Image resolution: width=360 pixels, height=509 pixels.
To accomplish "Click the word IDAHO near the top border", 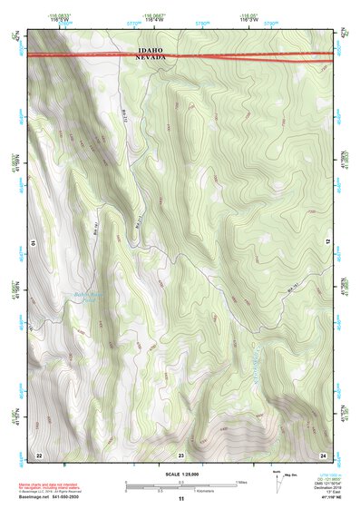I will (x=151, y=51).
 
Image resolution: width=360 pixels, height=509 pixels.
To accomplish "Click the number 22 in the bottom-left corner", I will (x=38, y=454).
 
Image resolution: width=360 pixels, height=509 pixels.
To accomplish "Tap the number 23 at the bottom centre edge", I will (x=180, y=454).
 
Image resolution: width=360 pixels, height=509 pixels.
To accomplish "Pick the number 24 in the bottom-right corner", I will (x=322, y=454).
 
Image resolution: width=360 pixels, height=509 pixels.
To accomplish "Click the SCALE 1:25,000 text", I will (x=180, y=474).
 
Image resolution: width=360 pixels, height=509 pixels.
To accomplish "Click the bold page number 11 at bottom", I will (x=180, y=499).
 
